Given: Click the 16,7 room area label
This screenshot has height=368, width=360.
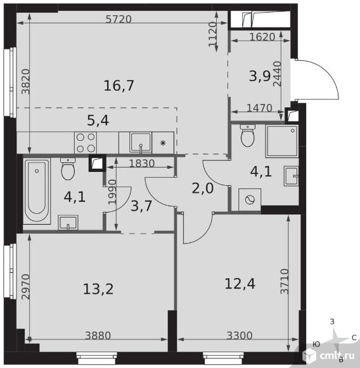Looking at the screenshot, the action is coord(119,86).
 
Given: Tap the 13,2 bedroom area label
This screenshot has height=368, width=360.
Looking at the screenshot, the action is coord(98,289).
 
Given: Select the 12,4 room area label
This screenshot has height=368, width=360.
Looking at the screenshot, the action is coord(240,284).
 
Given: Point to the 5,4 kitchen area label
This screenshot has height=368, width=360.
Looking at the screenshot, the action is coord(98,121).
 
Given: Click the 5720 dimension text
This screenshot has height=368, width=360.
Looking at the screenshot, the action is coord(119,19).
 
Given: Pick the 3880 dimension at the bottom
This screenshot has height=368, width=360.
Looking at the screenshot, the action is coord(98,336).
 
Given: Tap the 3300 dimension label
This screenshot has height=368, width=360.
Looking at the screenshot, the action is coord(240,336).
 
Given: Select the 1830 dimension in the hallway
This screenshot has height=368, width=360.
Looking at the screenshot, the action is coord(142,163).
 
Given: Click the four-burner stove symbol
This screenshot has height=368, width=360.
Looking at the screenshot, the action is coord(86,143).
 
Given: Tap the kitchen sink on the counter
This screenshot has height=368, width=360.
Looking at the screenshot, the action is coord(141,143).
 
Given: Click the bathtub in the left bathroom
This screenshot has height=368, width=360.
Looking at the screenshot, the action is coord(37,191).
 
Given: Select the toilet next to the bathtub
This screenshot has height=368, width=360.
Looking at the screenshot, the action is coord(68,169).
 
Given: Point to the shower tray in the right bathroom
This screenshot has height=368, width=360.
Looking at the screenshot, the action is coord(282,141).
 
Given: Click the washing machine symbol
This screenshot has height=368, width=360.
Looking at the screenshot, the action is coord(250,199).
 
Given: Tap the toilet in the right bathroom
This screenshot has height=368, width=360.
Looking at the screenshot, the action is coord(247,136).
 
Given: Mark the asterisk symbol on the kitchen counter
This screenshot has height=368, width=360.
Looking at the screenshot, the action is coord(163,143).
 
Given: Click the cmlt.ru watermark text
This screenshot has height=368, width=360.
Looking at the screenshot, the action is coord(337,355).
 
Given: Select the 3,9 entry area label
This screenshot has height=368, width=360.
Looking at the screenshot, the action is coord(260,76).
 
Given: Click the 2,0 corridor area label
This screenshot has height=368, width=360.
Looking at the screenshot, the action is coord(203,188).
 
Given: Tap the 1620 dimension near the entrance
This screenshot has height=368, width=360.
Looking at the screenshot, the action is coord(262,37).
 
